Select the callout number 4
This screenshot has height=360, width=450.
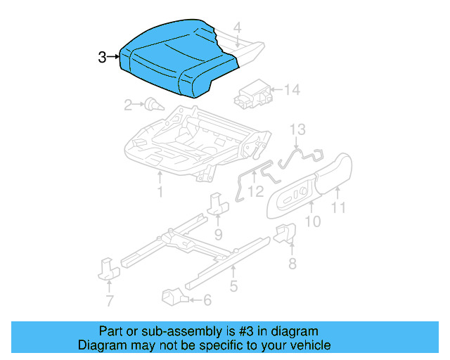click(x=238, y=28)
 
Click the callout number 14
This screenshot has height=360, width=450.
click(x=292, y=90)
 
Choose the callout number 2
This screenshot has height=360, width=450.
click(x=128, y=105)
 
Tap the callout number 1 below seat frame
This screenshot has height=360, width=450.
click(x=160, y=191)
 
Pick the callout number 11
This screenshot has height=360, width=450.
click(x=339, y=207)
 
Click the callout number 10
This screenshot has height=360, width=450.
click(x=313, y=222)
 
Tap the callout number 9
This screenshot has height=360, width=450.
click(x=218, y=233)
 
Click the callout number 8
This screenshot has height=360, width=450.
click(x=292, y=264)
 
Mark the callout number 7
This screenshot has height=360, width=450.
click(x=109, y=302)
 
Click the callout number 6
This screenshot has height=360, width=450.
click(x=207, y=300)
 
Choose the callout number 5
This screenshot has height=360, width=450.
click(x=233, y=286)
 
